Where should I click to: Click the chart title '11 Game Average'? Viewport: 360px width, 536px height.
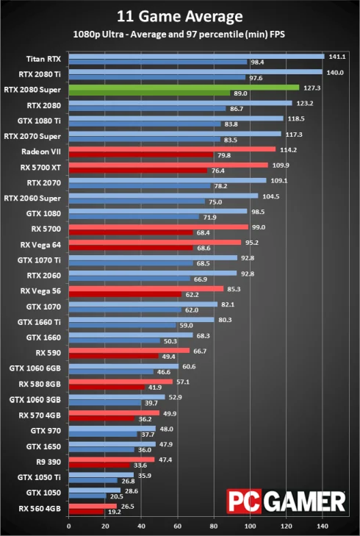[180, 15]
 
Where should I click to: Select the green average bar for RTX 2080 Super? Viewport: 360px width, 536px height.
[184, 87]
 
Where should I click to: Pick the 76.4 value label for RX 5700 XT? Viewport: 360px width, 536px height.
[218, 171]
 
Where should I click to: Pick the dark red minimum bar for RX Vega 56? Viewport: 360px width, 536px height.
[125, 294]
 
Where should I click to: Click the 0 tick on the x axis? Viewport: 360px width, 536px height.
[68, 526]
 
